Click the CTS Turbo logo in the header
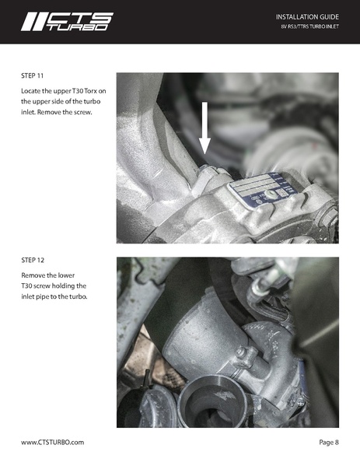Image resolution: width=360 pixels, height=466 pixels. tap(66, 21)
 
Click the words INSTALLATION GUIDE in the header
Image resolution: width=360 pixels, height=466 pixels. tap(307, 16)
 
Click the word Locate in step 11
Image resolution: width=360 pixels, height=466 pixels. tap(33, 92)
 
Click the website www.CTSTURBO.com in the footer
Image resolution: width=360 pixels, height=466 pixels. tap(53, 442)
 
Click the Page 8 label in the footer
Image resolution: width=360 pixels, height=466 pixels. tap(329, 442)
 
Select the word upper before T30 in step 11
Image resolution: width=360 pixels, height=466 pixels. tap(59, 92)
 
